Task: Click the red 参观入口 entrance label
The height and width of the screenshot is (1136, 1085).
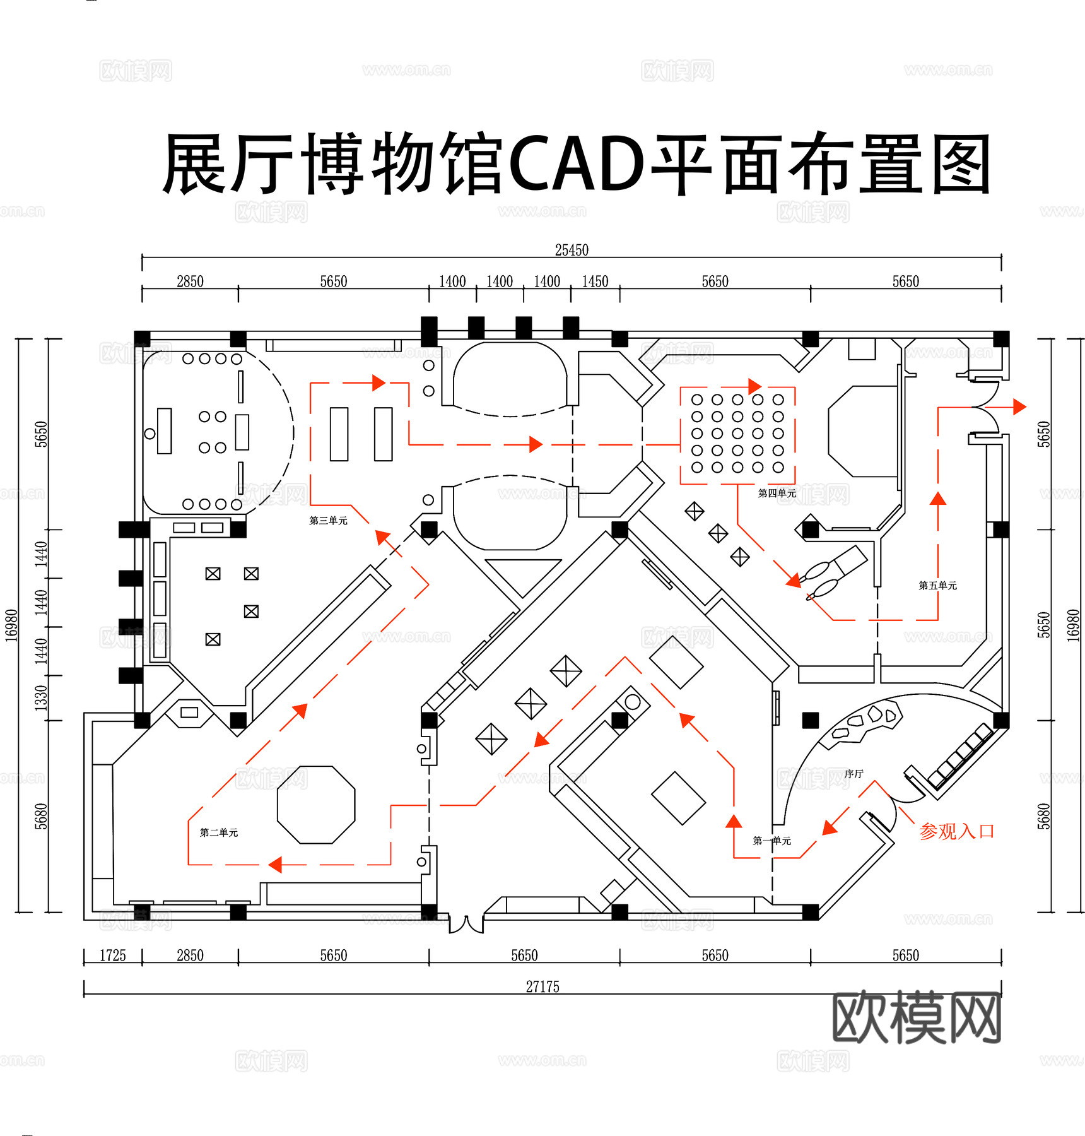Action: tap(956, 831)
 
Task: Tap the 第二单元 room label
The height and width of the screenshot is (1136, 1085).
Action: tap(219, 832)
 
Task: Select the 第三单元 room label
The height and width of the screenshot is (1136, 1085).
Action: tap(328, 521)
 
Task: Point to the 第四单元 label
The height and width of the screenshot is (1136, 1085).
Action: tap(777, 493)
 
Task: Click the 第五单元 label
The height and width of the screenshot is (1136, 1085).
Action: tap(937, 586)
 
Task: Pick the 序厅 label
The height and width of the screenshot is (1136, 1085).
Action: tap(853, 774)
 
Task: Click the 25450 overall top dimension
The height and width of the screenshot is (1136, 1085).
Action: tap(572, 250)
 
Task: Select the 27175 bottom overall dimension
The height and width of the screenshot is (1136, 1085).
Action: tap(542, 986)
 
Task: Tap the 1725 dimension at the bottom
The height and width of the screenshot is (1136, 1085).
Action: tap(113, 956)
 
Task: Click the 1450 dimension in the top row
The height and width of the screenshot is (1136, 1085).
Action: tap(595, 281)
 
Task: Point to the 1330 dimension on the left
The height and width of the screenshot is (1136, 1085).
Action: tap(41, 698)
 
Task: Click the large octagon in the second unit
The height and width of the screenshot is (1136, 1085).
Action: tap(316, 805)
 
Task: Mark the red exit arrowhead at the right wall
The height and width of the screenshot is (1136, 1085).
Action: tap(1019, 406)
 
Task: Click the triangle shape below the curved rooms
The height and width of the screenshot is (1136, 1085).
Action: tap(523, 574)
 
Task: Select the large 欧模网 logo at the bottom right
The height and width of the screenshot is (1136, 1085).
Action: tap(917, 1018)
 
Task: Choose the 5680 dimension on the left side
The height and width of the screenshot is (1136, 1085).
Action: tap(41, 816)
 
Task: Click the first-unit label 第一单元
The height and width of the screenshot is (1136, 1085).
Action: tap(771, 841)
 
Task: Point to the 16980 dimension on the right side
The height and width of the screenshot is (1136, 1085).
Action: tap(1073, 625)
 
